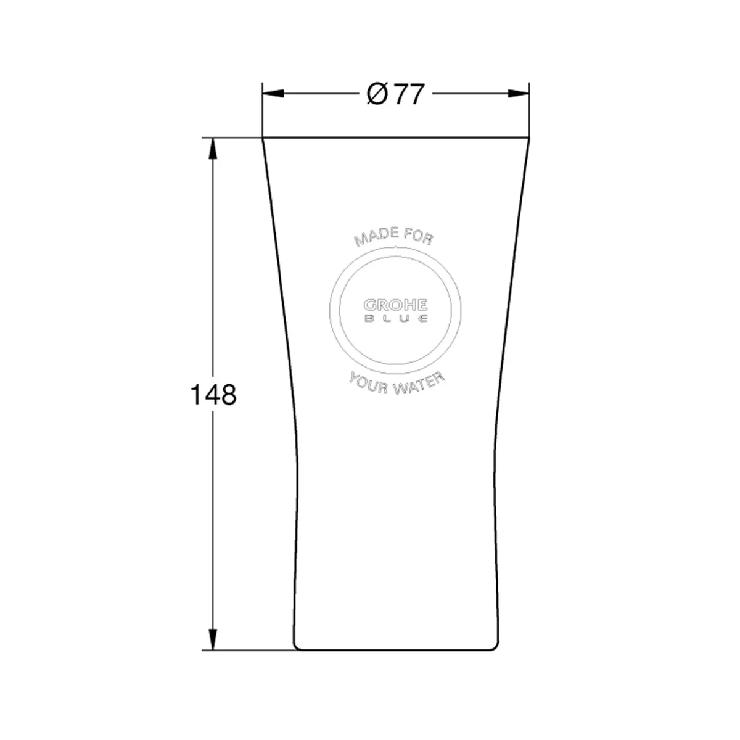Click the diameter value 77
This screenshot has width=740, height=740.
(x=409, y=94)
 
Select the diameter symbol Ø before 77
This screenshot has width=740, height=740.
(x=377, y=94)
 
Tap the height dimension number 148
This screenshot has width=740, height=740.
(x=213, y=395)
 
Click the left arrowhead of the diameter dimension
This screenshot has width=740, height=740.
(x=273, y=93)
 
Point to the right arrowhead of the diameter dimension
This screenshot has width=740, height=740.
(x=519, y=93)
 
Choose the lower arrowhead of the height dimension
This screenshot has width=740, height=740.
(x=213, y=639)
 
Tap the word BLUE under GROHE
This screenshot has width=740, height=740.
(x=395, y=318)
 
